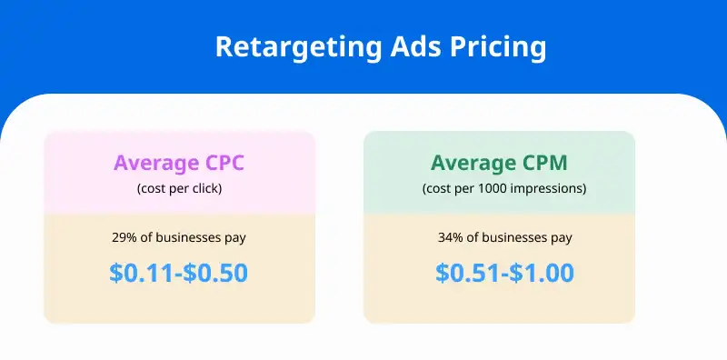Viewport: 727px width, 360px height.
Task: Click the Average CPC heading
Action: pyautogui.click(x=179, y=164)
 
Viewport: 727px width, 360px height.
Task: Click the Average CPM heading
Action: pyautogui.click(x=498, y=164)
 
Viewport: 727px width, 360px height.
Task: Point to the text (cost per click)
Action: pyautogui.click(x=179, y=189)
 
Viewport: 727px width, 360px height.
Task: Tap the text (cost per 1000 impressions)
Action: pyautogui.click(x=498, y=189)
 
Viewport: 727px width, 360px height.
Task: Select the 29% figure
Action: pyautogui.click(x=125, y=238)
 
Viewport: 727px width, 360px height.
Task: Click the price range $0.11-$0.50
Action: pyautogui.click(x=179, y=273)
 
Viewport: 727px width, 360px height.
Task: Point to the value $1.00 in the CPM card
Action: pyautogui.click(x=543, y=273)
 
